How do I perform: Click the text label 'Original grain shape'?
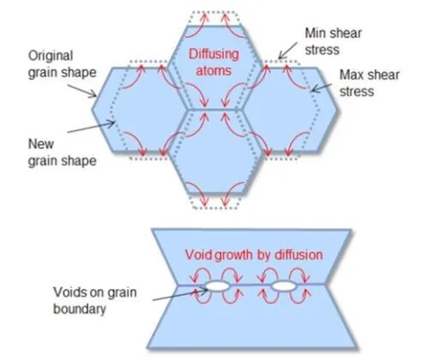coord(62,64)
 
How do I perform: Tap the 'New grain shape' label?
coord(62,153)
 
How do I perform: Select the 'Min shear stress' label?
coord(334,41)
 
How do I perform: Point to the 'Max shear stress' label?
coord(370,83)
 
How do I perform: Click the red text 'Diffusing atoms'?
coord(214,63)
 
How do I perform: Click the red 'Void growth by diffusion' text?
coord(254,255)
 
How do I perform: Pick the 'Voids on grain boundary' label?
coord(95,300)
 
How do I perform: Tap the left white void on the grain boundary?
coord(217,286)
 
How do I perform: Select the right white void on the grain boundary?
coord(284,286)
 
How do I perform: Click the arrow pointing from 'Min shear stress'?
coord(288,51)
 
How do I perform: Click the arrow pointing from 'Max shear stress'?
coord(322,87)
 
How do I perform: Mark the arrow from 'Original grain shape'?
coord(82,91)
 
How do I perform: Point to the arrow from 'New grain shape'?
coord(91,128)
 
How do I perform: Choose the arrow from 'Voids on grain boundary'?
coord(180,295)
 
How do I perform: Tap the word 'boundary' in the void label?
coord(80,309)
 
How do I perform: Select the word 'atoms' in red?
coord(214,70)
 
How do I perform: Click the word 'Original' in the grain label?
coord(51,56)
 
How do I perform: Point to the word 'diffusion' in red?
coord(298,255)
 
